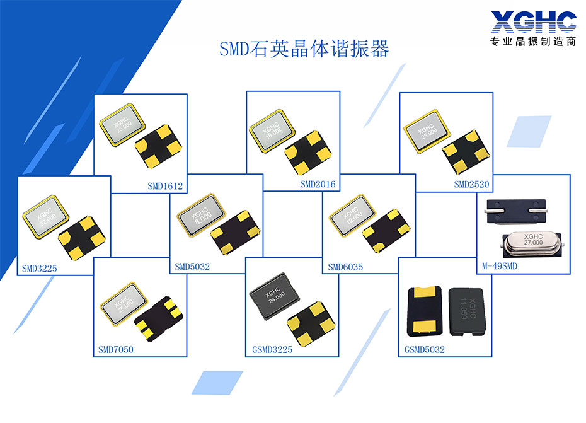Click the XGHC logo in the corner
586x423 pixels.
(x=532, y=22)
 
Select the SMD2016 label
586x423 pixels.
(x=318, y=185)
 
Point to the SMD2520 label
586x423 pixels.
(x=471, y=185)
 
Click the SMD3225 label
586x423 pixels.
(x=39, y=269)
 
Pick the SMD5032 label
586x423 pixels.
(x=192, y=267)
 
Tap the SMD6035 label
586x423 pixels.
(x=345, y=267)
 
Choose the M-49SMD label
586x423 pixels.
(x=500, y=267)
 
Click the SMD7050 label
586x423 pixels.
(x=116, y=349)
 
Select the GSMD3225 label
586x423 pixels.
(x=268, y=349)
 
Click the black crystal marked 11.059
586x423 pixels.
(x=466, y=309)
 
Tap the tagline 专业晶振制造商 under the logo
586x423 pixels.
(x=532, y=42)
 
